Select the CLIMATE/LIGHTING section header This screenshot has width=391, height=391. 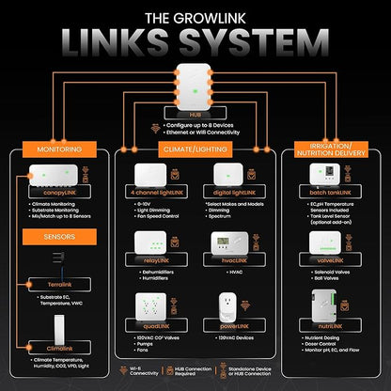click(195, 149)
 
